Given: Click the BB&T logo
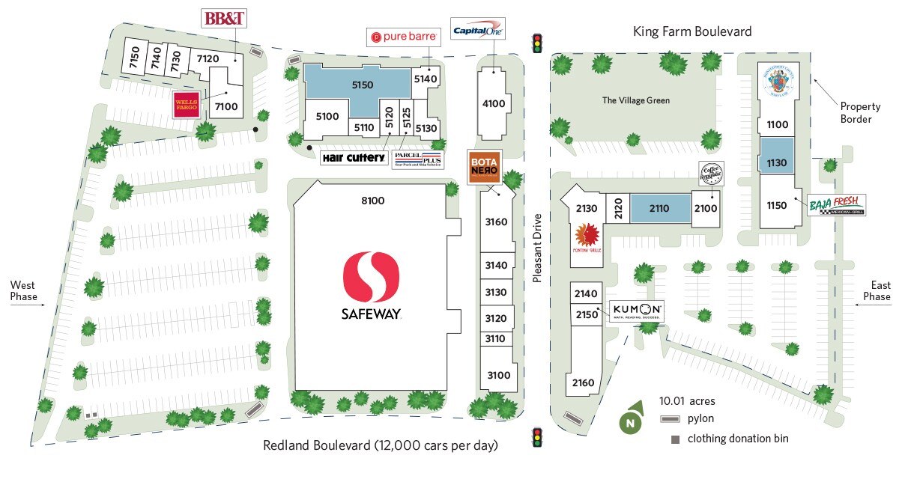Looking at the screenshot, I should [225, 19].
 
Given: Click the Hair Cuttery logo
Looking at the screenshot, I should [354, 158].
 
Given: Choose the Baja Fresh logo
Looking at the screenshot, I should [836, 204].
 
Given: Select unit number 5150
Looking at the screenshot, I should [363, 85].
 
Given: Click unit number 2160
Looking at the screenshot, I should [583, 383].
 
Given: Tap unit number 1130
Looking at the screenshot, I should [778, 162].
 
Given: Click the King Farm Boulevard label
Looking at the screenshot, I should [692, 31].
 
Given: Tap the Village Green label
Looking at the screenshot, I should [636, 100].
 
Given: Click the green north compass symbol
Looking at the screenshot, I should [632, 421].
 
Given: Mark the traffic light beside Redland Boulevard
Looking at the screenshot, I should [536, 437].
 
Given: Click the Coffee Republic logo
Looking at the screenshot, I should [711, 175].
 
